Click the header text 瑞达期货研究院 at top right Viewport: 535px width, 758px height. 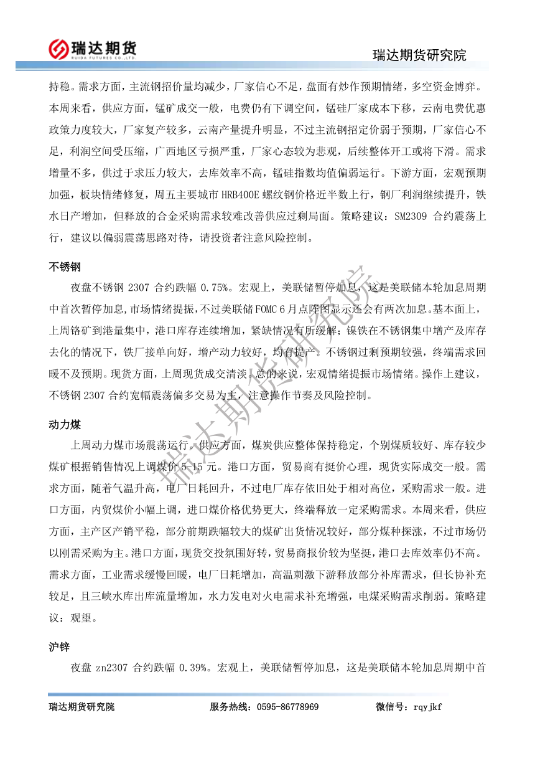pyautogui.click(x=419, y=55)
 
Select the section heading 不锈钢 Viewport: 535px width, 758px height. pyautogui.click(x=65, y=267)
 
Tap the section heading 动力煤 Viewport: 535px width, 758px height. pyautogui.click(x=65, y=425)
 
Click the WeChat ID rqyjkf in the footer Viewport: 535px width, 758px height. pyautogui.click(x=426, y=707)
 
